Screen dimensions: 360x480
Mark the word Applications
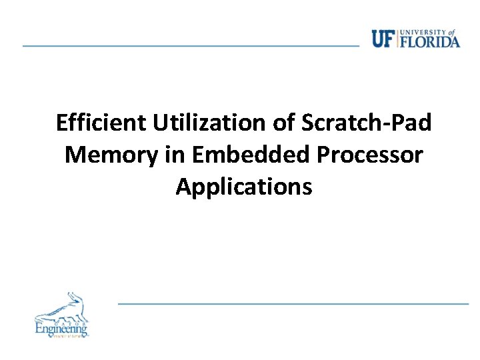pyautogui.click(x=243, y=187)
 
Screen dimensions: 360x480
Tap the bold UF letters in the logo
pyautogui.click(x=383, y=39)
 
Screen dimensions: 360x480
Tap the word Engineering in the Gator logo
pyautogui.click(x=61, y=328)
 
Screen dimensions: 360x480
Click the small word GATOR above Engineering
pyautogui.click(x=61, y=320)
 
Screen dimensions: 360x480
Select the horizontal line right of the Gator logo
pyautogui.click(x=293, y=303)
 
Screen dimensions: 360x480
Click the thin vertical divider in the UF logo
pyautogui.click(x=397, y=39)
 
